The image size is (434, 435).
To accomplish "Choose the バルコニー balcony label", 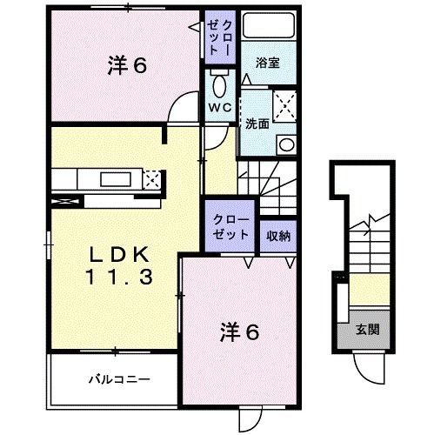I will click(x=119, y=378).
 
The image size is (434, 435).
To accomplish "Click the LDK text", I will click(x=120, y=256).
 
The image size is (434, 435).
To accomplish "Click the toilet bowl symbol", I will click(x=217, y=85).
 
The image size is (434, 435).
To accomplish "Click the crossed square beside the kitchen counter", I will click(x=152, y=180).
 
